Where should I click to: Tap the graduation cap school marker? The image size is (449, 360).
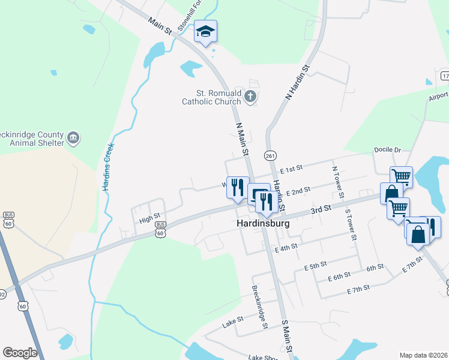click(205, 32)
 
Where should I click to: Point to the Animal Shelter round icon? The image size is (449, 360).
click(73, 138)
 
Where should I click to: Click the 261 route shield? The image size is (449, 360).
click(270, 155)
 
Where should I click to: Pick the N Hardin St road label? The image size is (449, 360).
click(297, 82)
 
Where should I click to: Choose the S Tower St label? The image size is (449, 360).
click(351, 224)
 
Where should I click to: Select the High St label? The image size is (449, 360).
click(149, 219)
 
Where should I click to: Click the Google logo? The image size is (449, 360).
click(20, 353)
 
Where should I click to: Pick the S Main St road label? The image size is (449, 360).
click(286, 336)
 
